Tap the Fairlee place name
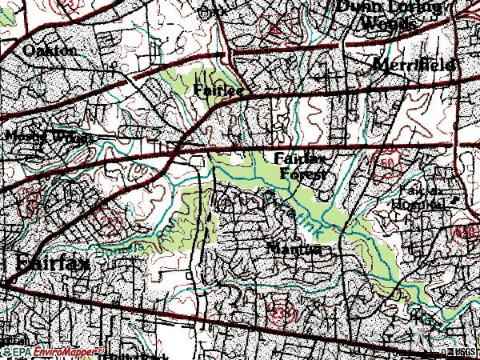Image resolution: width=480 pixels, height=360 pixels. [218, 91]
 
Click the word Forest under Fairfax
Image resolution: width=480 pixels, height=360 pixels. [304, 174]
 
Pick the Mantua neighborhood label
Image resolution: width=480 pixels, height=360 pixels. [296, 249]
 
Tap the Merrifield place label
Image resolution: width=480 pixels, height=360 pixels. [416, 63]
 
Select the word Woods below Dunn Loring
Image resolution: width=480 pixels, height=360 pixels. [390, 23]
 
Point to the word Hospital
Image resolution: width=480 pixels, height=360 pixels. [416, 204]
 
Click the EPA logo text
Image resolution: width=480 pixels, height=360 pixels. [15, 351]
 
